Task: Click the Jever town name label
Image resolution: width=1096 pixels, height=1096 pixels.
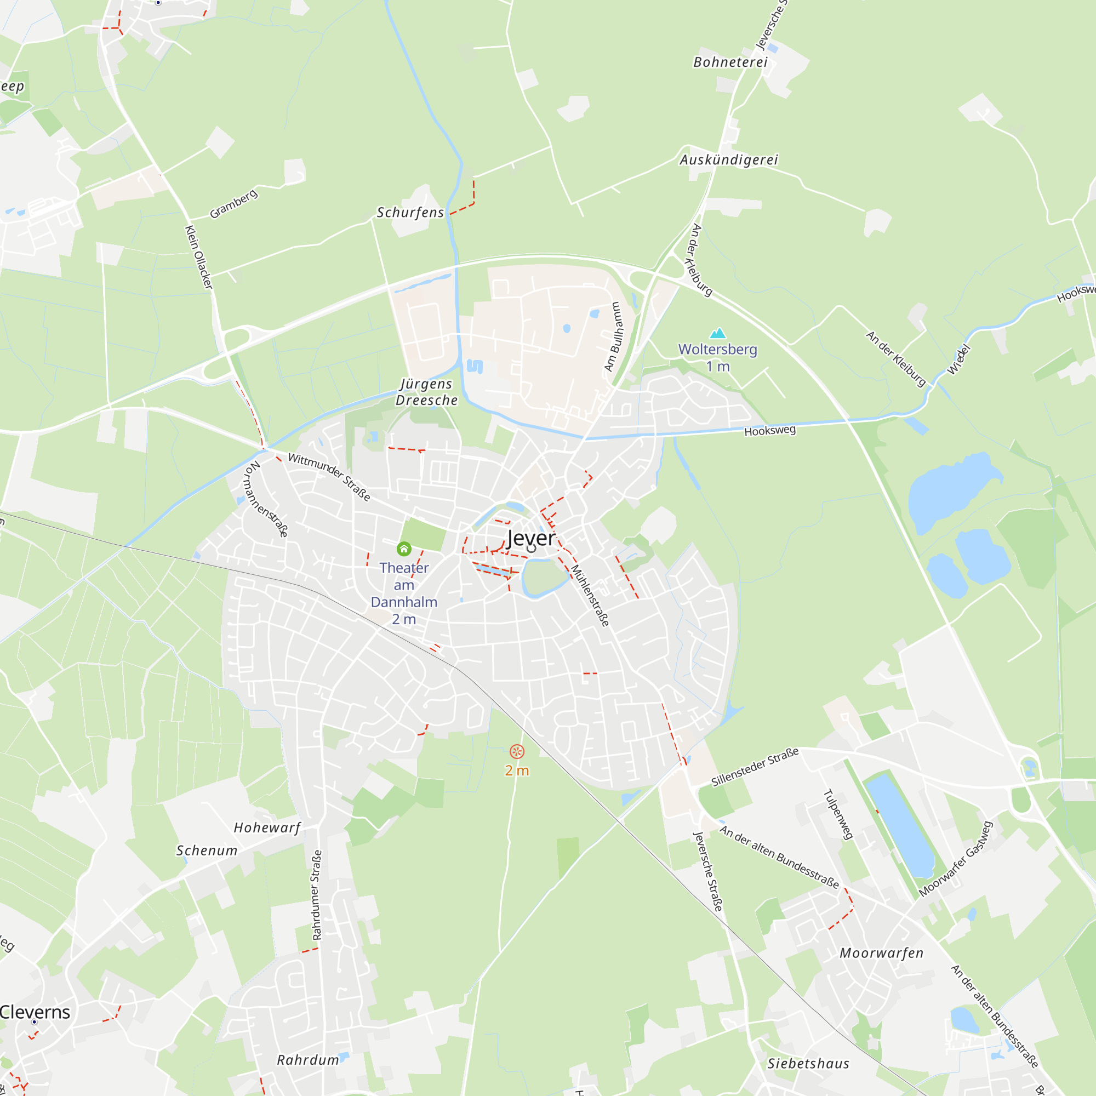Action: (530, 538)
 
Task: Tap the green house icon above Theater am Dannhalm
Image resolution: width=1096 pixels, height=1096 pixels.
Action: (404, 549)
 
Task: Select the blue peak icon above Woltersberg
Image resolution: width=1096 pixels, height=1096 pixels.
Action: (718, 333)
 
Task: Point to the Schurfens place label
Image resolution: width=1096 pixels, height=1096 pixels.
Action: (410, 212)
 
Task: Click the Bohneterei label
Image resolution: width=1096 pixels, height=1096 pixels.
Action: (730, 62)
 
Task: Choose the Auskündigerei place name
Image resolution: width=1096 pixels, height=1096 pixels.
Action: (728, 159)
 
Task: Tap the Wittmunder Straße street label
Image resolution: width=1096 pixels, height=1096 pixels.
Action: (329, 477)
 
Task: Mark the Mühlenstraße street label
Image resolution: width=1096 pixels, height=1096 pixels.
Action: (590, 595)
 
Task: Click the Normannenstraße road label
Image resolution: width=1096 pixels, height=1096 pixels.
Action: (265, 499)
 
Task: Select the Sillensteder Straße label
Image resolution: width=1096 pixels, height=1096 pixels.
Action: (755, 767)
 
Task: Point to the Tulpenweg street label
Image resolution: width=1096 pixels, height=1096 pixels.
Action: (838, 814)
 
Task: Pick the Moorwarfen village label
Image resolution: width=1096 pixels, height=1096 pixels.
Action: (881, 953)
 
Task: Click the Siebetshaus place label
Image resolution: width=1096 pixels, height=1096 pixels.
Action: (808, 1064)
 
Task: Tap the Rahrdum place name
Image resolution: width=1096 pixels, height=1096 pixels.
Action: (307, 1060)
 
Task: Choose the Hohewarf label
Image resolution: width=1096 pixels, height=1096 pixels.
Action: (267, 827)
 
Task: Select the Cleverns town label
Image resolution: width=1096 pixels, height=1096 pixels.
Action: (35, 1012)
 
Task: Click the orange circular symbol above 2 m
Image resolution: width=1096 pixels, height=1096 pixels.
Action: (516, 752)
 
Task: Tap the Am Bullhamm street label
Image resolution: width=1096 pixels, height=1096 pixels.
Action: (613, 336)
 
